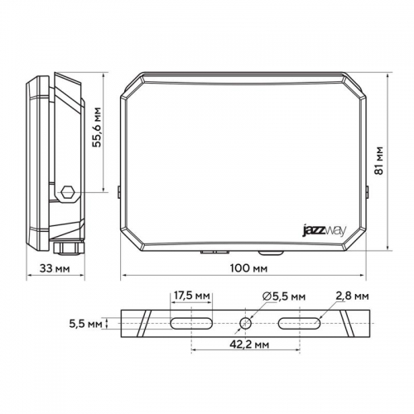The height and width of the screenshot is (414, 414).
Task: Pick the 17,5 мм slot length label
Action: click(x=192, y=295)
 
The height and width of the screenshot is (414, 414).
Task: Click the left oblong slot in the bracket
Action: click(x=191, y=322)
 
